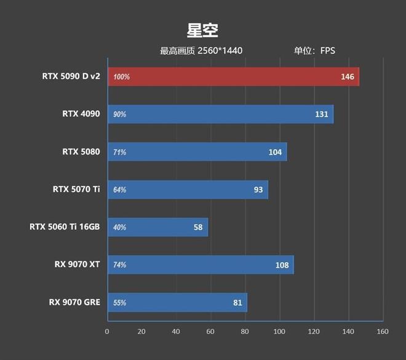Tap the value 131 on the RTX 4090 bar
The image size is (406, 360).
[x=322, y=114]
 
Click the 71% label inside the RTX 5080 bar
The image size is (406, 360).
[x=119, y=152]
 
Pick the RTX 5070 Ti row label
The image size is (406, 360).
[x=76, y=189]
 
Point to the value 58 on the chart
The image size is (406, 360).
[x=197, y=227]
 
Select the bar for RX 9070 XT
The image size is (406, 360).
[x=201, y=265]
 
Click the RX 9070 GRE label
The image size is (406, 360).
[x=74, y=302]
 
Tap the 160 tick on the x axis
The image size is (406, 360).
[x=383, y=332]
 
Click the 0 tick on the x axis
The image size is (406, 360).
[x=107, y=332]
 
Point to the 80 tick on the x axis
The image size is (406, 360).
[x=245, y=332]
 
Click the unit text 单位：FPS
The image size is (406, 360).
[x=314, y=51]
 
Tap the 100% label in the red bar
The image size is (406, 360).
[x=121, y=77]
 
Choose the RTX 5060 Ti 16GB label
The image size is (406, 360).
[x=65, y=227]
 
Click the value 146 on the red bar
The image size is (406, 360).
[x=348, y=77]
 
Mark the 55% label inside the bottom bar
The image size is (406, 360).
[x=119, y=303]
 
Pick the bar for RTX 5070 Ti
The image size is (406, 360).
[x=188, y=190]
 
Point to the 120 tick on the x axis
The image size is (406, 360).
[x=314, y=332]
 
